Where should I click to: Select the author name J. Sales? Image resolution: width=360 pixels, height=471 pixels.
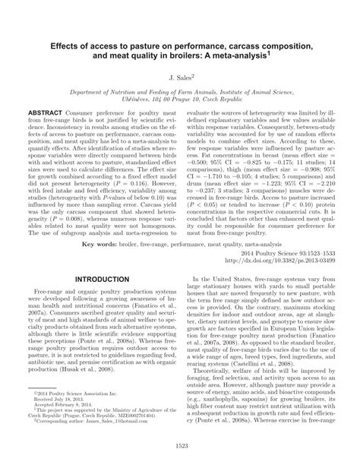(x=180, y=78)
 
